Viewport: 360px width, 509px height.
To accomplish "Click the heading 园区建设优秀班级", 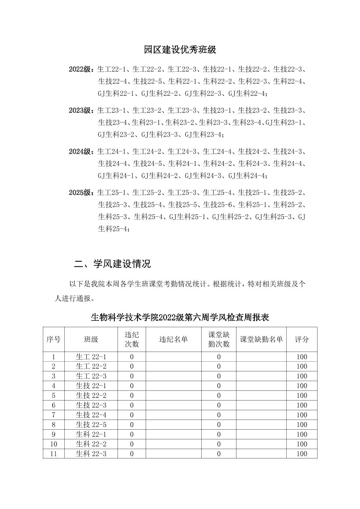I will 180,50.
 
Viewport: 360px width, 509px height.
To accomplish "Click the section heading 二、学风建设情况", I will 113,264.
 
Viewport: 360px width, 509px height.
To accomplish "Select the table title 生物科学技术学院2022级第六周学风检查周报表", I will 180,317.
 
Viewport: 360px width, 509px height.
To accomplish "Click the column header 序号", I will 54,340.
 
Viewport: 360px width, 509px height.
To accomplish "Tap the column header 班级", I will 91,340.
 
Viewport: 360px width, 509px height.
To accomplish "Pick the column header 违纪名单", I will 173,340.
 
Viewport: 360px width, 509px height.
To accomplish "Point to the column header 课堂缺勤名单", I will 261,340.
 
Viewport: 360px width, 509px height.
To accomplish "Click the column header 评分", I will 301,340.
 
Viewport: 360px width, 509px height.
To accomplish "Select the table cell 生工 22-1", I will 91,357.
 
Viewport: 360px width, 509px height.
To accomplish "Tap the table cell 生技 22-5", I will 91,425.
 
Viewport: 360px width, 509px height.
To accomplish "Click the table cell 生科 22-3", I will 91,454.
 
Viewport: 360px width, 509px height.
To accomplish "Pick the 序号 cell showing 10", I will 54,444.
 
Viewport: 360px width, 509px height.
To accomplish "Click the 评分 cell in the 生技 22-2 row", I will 302,395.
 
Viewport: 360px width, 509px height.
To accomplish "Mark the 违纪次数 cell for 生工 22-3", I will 132,376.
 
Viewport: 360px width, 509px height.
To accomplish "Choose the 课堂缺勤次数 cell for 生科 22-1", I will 219,434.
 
